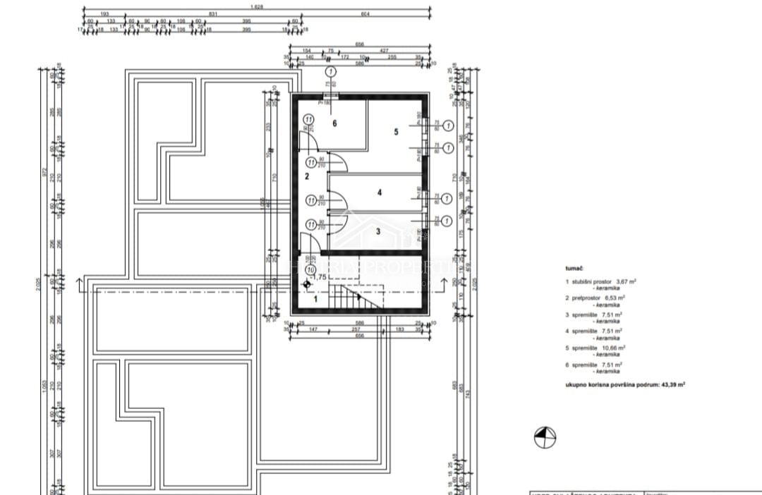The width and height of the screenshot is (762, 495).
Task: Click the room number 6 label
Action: (335, 123)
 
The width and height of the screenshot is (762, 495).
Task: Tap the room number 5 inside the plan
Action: (396, 131)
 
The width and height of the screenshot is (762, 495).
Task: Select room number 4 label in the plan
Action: (379, 191)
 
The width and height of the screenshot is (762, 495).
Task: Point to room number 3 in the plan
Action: (377, 231)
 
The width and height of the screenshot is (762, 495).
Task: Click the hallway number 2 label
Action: (306, 176)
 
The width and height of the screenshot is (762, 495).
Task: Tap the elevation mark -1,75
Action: (319, 277)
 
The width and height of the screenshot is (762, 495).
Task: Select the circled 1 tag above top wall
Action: (329, 72)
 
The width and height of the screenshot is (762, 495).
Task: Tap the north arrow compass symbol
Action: (544, 437)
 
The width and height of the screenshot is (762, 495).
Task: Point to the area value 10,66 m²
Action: (612, 348)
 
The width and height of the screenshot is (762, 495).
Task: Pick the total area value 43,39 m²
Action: (671, 385)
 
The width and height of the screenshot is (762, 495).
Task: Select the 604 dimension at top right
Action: (365, 14)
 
